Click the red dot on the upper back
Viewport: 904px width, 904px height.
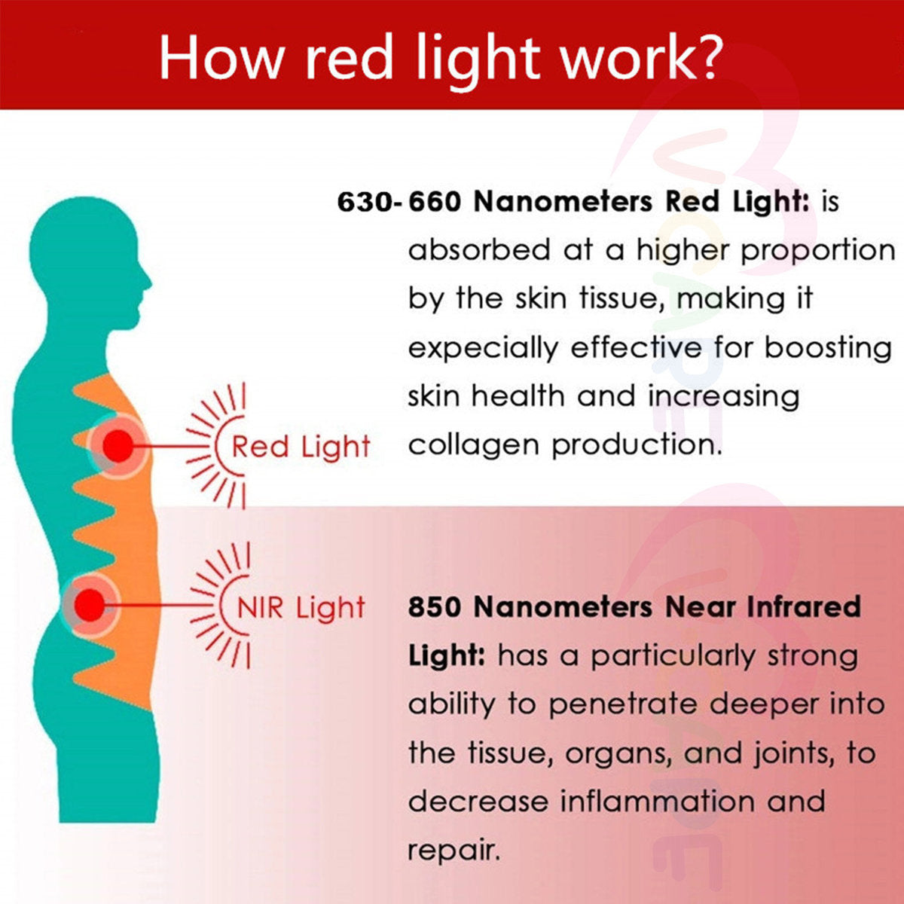(x=118, y=446)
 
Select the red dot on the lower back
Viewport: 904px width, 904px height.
(x=90, y=605)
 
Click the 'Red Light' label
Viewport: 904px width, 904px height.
(x=301, y=447)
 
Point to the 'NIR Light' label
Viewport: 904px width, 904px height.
(x=301, y=608)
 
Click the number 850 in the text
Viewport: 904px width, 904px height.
(x=435, y=606)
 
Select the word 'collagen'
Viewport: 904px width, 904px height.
(x=474, y=445)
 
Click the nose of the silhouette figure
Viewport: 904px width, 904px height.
(x=148, y=283)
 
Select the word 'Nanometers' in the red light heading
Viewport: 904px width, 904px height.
(x=563, y=202)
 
